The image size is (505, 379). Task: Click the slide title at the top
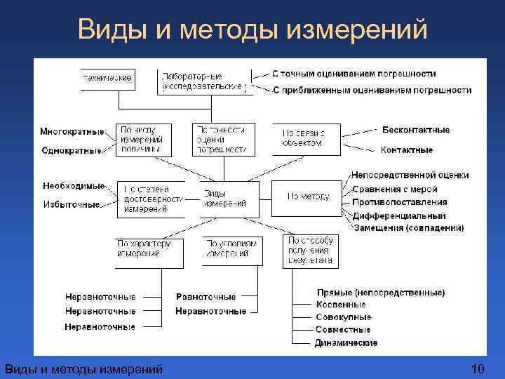coord(252,29)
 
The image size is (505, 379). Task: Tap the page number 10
coord(478,369)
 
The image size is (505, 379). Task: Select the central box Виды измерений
coord(226,199)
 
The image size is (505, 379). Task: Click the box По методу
coord(307,197)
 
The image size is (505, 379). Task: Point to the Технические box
coord(108,79)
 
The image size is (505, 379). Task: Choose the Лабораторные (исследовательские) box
coord(203,81)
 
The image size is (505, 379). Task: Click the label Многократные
coord(72,131)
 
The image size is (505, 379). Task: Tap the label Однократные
coord(72,150)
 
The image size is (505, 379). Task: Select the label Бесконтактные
coord(416,130)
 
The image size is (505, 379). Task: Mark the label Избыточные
coord(71,205)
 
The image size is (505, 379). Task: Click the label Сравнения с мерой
coord(395,189)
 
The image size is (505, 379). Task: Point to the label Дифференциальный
coord(398,215)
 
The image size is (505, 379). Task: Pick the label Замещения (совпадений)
coord(408,228)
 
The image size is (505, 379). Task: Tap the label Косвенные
coord(341,305)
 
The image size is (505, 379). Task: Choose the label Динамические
coord(346,343)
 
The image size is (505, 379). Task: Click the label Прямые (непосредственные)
coord(380,292)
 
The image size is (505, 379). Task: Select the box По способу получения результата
coord(309,251)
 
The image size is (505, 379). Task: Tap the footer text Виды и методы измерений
coord(83,369)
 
